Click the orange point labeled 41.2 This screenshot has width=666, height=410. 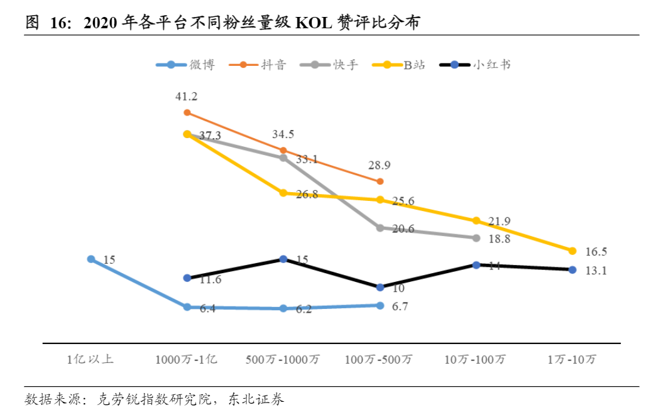point(187,112)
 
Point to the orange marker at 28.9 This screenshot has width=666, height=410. point(379,181)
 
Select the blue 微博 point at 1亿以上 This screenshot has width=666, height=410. point(90,259)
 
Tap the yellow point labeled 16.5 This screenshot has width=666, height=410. point(572,251)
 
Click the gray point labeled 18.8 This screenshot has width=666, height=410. point(476,238)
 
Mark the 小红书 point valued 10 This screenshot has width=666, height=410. point(379,287)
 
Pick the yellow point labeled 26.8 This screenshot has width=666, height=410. point(283,193)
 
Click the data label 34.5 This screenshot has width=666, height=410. point(283,134)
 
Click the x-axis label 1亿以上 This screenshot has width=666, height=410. point(90,360)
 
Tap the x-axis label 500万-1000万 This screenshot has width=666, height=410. point(283,360)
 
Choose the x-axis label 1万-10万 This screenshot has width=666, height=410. point(572,360)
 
